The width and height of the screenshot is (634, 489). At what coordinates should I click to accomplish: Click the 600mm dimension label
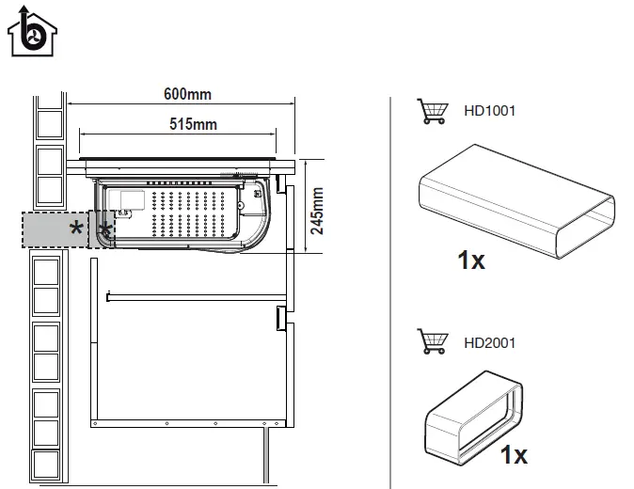coord(187,93)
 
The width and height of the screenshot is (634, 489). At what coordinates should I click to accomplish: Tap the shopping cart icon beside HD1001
coord(431,111)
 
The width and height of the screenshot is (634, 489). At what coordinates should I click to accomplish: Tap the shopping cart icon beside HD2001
coord(431,340)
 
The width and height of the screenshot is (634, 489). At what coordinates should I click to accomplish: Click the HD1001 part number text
coord(490,111)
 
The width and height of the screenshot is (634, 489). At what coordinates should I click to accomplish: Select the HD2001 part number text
coord(490,341)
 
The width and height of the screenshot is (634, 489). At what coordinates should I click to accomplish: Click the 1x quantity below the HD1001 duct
coord(471,260)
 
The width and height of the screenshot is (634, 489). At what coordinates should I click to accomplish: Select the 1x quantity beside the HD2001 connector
coord(513,455)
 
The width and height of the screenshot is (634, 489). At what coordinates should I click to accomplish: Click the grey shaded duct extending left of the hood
coord(56,229)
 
